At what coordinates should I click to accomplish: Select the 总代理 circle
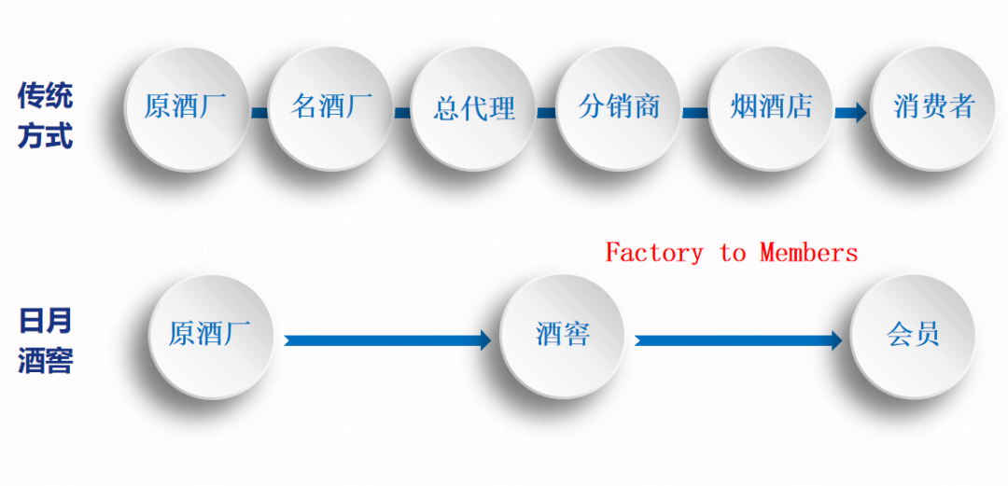[474, 108]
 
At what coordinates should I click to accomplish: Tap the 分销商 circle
[619, 107]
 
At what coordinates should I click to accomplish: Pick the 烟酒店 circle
[771, 107]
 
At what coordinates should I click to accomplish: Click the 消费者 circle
[933, 107]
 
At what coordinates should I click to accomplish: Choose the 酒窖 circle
[563, 335]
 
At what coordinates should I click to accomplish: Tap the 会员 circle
[913, 335]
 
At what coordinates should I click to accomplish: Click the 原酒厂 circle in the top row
[187, 107]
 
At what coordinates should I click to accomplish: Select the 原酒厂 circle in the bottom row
[212, 335]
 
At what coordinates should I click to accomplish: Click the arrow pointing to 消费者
[850, 113]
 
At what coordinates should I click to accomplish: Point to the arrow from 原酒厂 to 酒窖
[387, 340]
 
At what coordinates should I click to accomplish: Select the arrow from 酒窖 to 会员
[737, 340]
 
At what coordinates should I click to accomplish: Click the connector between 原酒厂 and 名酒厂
[259, 113]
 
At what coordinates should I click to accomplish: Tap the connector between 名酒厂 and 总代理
[402, 113]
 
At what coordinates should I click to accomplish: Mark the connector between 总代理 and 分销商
[547, 113]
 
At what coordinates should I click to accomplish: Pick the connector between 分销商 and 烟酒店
[695, 113]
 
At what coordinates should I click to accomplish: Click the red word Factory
[654, 253]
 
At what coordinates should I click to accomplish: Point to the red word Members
[808, 253]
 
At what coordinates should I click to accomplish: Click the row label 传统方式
[45, 115]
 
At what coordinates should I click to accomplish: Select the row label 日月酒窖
[45, 341]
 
